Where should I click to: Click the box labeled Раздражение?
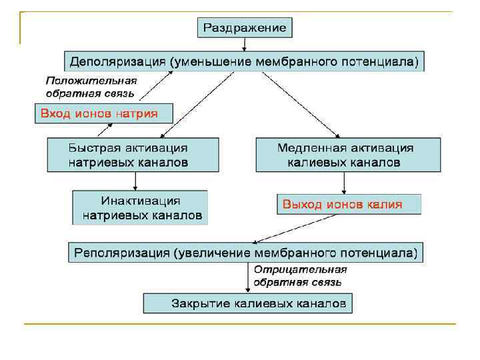click(245, 27)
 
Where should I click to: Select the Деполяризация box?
click(244, 62)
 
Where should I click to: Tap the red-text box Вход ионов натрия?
click(103, 113)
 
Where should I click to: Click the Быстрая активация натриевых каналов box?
click(133, 155)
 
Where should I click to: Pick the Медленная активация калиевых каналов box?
click(348, 155)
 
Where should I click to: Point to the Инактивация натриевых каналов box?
click(141, 208)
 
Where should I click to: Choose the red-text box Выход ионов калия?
click(349, 204)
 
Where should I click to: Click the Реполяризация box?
click(245, 253)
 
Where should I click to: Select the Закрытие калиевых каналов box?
click(247, 304)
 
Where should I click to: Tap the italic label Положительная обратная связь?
click(91, 87)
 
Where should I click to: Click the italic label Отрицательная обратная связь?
click(299, 275)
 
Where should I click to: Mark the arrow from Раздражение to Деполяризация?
click(245, 44)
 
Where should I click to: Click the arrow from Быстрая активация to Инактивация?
click(135, 181)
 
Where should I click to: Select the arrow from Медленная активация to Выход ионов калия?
click(344, 183)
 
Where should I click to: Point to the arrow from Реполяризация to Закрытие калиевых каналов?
click(248, 278)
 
